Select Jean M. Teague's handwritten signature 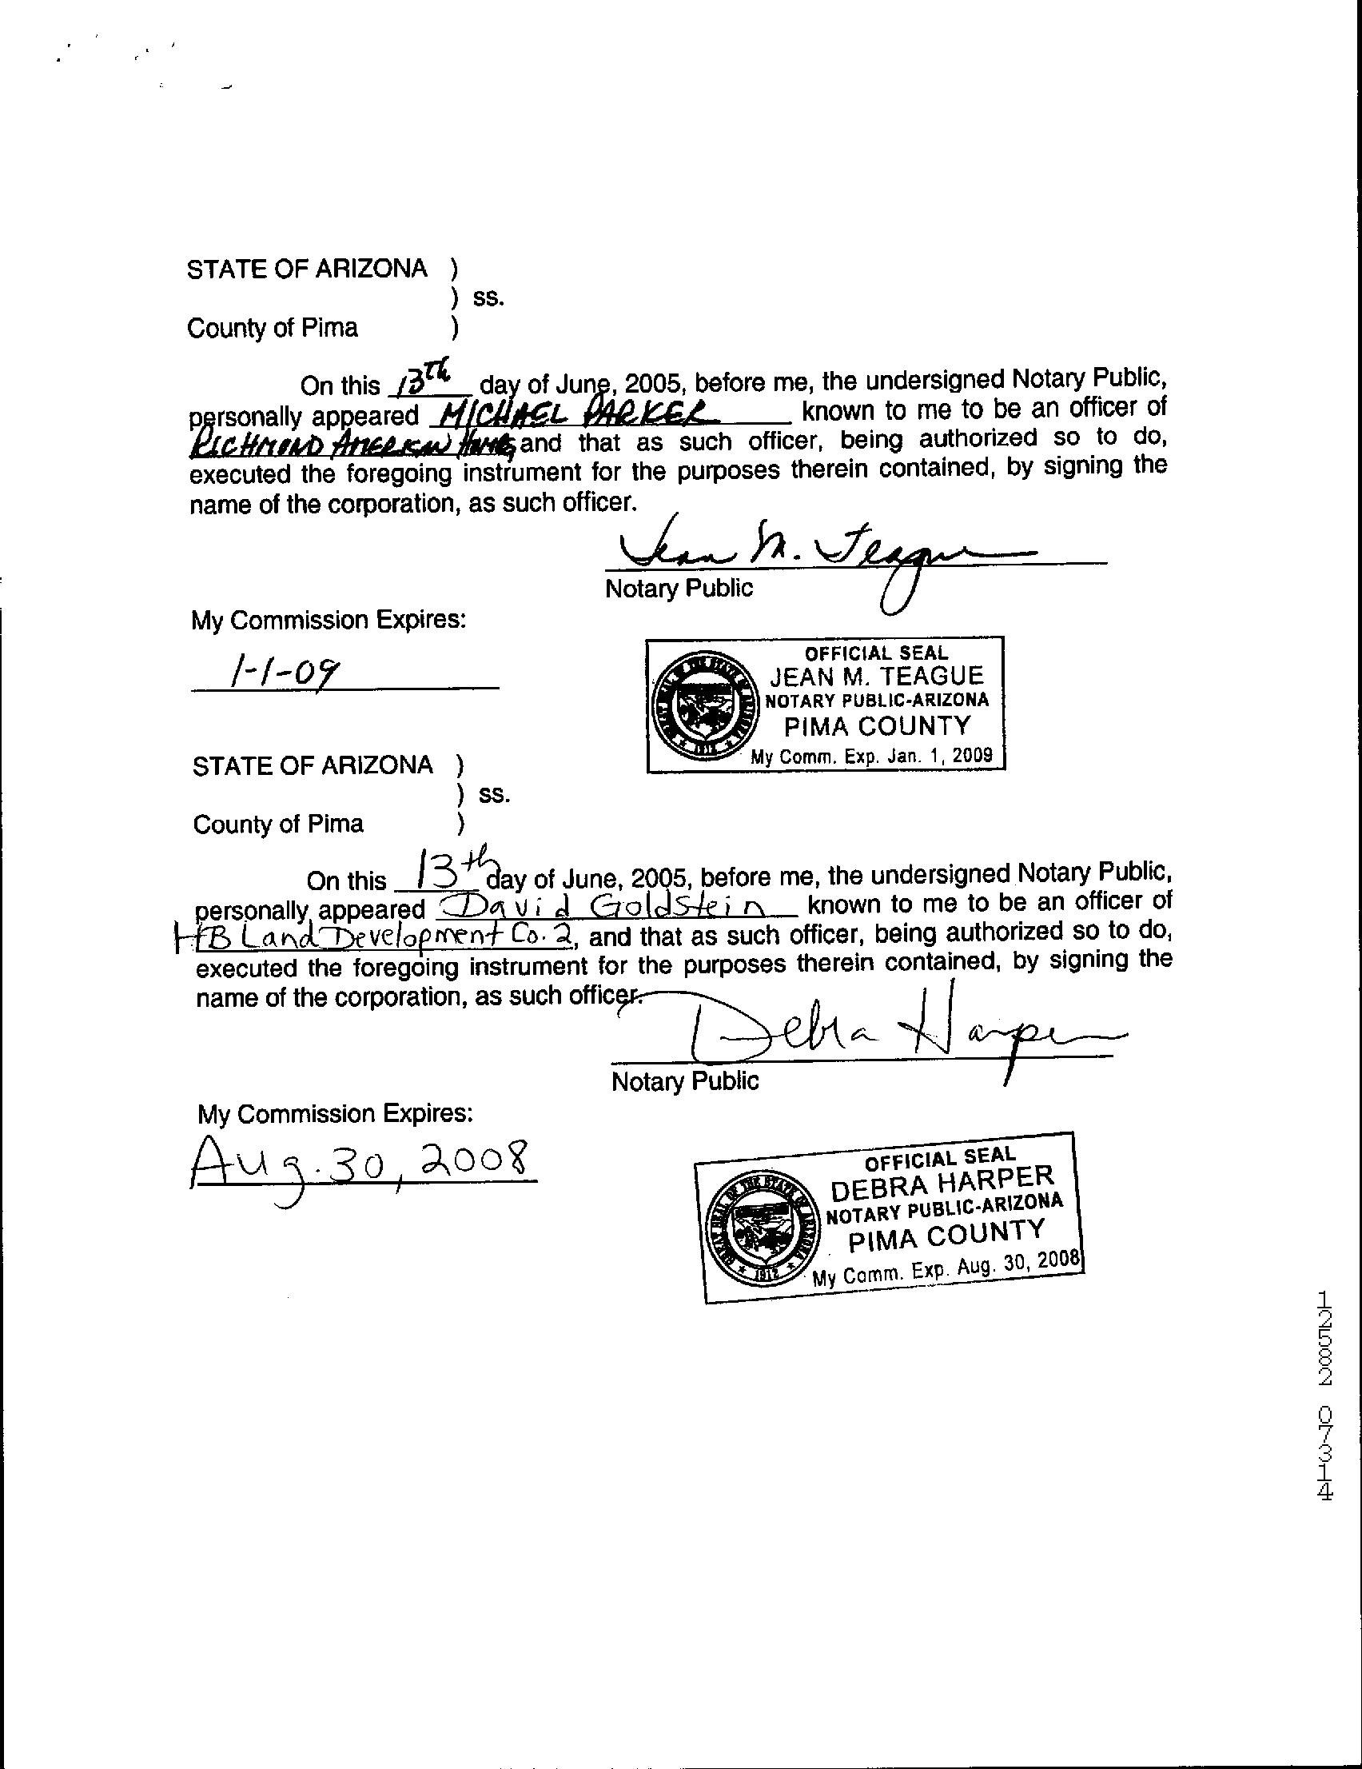(818, 559)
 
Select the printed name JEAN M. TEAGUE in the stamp (876, 676)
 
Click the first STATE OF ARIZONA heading (307, 270)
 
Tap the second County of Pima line (277, 825)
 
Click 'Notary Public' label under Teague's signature (679, 589)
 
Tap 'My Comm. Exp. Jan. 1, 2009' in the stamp (871, 757)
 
